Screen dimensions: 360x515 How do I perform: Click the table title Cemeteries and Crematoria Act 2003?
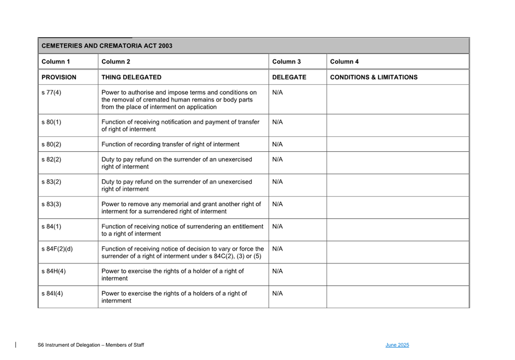[x=107, y=46]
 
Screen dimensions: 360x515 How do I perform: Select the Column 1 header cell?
[x=56, y=62]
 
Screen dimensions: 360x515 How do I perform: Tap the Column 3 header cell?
[x=286, y=62]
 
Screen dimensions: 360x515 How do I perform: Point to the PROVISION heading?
[x=59, y=77]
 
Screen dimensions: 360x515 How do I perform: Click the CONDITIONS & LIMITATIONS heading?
[x=374, y=77]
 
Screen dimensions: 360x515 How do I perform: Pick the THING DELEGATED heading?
[x=131, y=77]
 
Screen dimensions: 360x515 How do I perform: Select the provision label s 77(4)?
[x=51, y=93]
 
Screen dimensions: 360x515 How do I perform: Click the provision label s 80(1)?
[x=51, y=122]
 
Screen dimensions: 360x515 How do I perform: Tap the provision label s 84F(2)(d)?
[x=57, y=249]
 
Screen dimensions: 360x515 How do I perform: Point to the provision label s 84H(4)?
[x=54, y=271]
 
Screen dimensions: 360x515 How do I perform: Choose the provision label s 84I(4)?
[x=52, y=293]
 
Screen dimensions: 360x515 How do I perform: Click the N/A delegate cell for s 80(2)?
[x=277, y=144]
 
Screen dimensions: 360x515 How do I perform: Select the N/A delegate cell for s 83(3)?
[x=277, y=204]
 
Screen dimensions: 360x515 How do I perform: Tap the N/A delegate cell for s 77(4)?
[x=277, y=93]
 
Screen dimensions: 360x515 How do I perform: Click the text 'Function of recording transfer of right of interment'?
[x=170, y=144]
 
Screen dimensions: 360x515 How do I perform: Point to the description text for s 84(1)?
[x=182, y=230]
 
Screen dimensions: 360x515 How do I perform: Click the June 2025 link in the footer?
[x=397, y=345]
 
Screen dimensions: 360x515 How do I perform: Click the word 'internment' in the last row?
[x=116, y=301]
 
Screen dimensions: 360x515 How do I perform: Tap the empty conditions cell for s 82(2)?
[x=398, y=163]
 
